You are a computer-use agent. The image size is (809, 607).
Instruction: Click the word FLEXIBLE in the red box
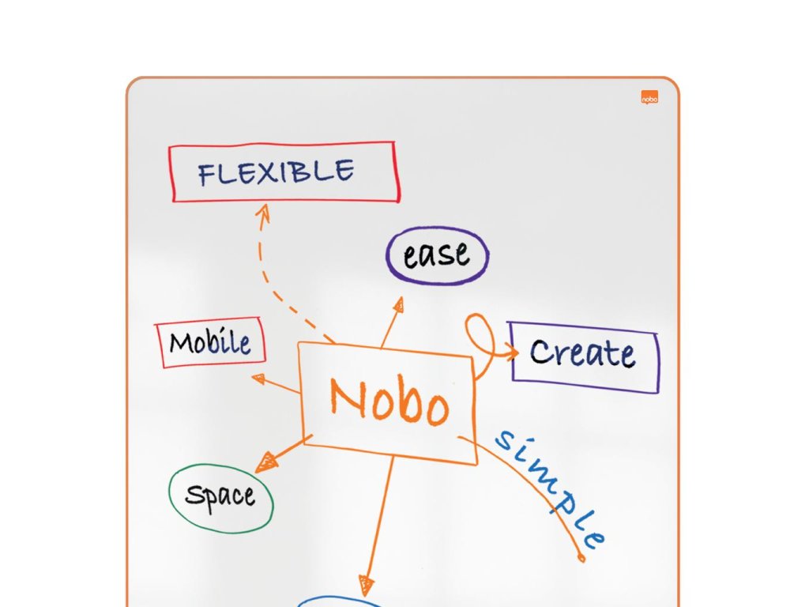[276, 172]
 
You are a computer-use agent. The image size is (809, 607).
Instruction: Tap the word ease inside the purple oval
[436, 254]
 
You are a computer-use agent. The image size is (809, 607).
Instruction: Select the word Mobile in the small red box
[210, 342]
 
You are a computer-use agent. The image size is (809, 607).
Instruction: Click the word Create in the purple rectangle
[582, 353]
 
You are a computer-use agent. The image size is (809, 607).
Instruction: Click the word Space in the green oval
[220, 496]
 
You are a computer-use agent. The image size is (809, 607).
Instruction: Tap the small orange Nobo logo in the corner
[649, 98]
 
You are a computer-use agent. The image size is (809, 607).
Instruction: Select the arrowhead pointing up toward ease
[399, 303]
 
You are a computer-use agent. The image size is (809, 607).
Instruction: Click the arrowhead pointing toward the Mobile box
[258, 379]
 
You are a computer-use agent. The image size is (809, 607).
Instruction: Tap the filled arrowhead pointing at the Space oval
[265, 462]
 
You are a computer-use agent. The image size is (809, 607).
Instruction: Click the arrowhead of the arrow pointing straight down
[364, 585]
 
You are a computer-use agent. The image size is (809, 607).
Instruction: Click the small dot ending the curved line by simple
[582, 559]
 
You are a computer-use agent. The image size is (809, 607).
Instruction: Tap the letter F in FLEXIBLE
[207, 175]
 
